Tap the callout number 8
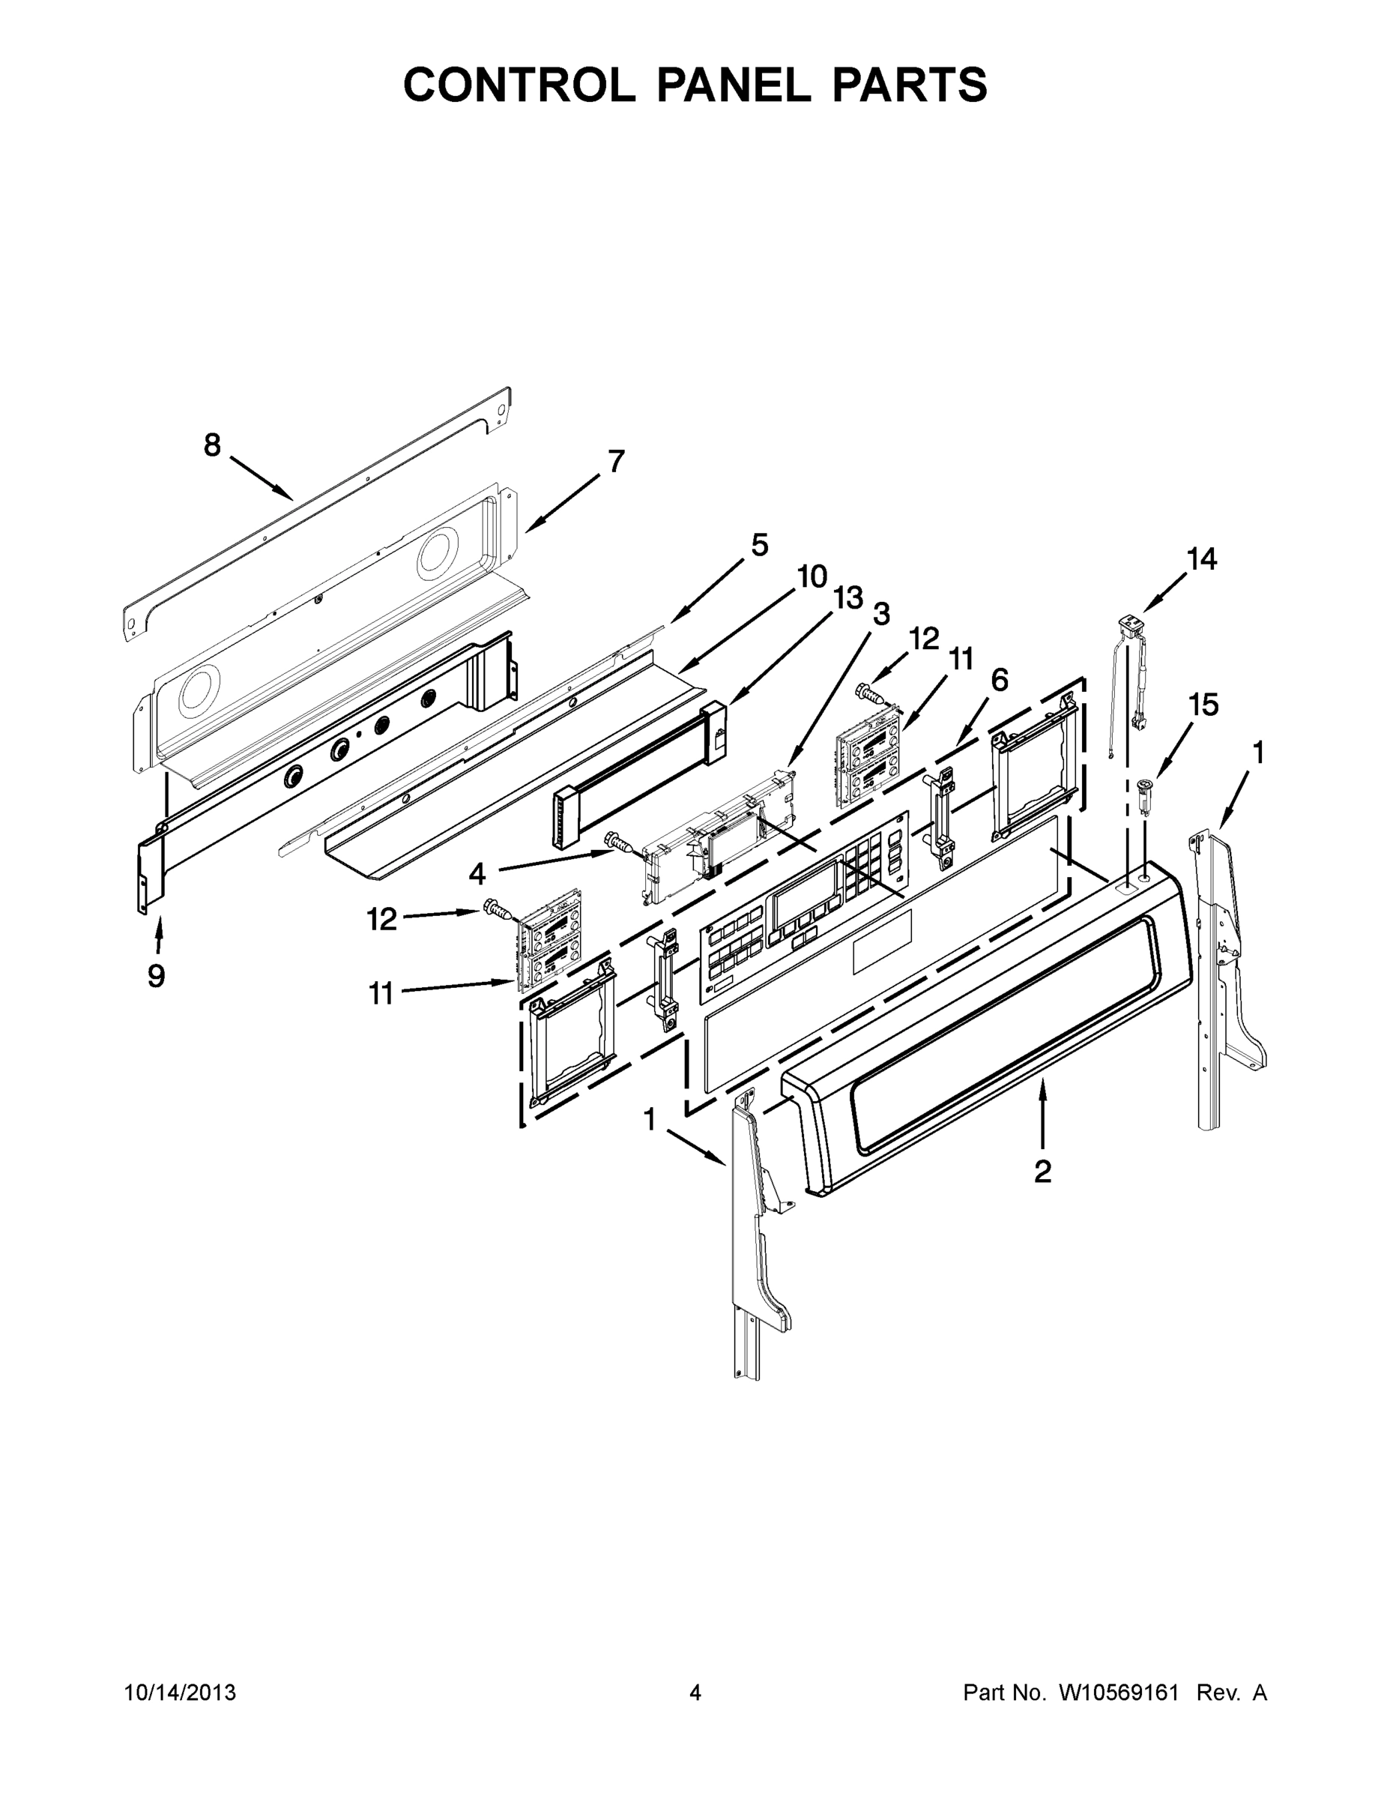tap(213, 446)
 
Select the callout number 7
tap(616, 461)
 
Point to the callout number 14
tap(1201, 558)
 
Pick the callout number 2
tap(1042, 1172)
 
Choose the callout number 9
tap(157, 976)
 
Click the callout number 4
tap(477, 874)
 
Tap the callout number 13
tap(848, 599)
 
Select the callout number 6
tap(999, 680)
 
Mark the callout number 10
tap(812, 576)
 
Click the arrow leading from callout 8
tap(259, 477)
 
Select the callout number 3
tap(881, 614)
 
